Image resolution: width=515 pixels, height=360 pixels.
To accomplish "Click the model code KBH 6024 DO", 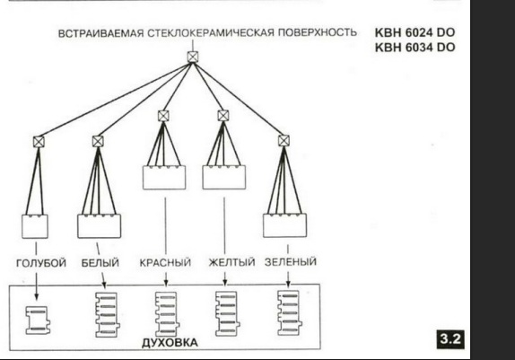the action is point(415,32).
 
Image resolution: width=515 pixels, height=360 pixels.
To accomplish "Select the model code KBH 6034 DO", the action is point(415,48).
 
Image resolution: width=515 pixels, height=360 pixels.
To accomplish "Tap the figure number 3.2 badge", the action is point(450,339).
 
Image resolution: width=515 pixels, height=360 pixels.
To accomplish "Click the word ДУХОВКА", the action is point(170,343).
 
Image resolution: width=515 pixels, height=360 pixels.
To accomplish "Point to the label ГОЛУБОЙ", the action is point(41,263).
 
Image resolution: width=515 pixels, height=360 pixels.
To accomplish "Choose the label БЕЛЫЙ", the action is point(100,263).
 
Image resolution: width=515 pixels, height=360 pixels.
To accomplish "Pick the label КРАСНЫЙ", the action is point(165,262).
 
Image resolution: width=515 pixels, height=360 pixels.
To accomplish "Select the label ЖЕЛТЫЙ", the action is point(231,262).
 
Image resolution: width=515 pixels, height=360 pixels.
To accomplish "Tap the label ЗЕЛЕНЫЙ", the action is point(291,262).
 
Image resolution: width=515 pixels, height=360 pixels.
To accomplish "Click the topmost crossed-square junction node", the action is point(193,57).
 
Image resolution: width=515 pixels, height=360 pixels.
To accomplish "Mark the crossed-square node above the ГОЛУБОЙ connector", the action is point(39,142).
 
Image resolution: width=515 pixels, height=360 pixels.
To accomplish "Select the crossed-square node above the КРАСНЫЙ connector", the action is point(163,116).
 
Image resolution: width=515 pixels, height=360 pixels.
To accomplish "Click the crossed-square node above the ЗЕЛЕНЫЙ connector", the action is point(284,141).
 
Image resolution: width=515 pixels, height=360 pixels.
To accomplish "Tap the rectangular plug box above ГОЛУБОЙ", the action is point(35,226).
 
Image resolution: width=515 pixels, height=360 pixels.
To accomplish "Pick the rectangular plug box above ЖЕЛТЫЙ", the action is point(224,178).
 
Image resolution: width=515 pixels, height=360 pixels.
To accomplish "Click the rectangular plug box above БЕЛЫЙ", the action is point(100,226).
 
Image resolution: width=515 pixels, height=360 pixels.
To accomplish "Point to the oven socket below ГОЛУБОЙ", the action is point(38,320).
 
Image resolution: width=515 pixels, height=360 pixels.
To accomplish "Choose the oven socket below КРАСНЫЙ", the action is point(167,314).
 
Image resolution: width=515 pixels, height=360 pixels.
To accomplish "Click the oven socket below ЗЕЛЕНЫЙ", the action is point(290,313).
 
